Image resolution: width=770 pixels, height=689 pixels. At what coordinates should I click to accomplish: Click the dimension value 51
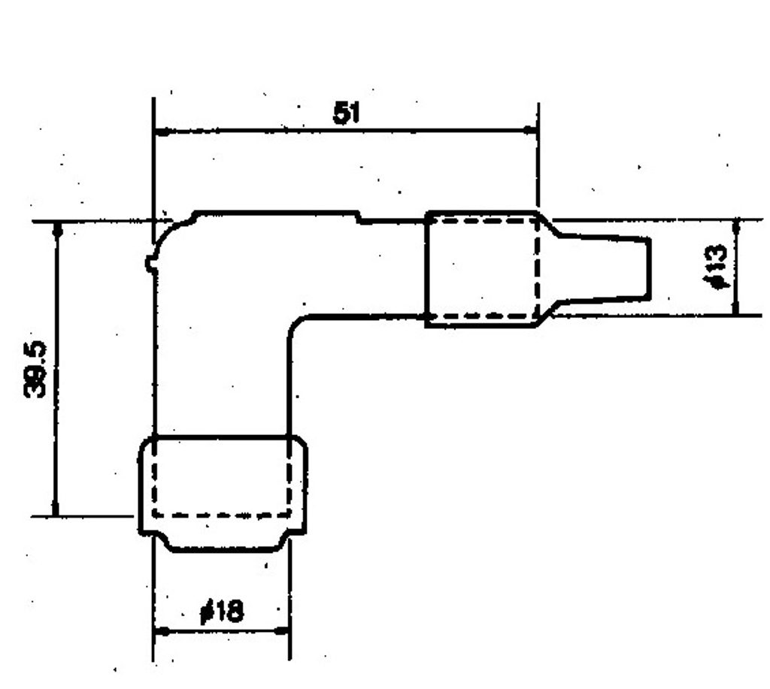pyautogui.click(x=346, y=113)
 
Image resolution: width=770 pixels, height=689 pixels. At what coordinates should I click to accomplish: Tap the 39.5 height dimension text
pyautogui.click(x=35, y=370)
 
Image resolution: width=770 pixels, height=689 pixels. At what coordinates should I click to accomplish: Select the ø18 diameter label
pyautogui.click(x=222, y=611)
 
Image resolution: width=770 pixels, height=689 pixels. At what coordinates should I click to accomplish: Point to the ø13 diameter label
pyautogui.click(x=715, y=267)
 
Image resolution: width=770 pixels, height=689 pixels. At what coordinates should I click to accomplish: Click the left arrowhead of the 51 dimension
pyautogui.click(x=163, y=131)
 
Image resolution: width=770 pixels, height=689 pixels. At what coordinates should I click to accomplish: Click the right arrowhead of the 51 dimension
pyautogui.click(x=529, y=130)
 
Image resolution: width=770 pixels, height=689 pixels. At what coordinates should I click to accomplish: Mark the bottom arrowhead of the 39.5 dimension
pyautogui.click(x=55, y=508)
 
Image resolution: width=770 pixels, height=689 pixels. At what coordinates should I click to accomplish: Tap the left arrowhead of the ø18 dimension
pyautogui.click(x=162, y=632)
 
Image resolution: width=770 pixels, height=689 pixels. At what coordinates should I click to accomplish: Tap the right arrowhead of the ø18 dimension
pyautogui.click(x=281, y=630)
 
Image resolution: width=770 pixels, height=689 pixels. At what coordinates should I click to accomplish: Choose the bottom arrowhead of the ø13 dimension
pyautogui.click(x=735, y=307)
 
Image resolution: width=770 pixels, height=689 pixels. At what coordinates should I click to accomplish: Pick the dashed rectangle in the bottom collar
pyautogui.click(x=153, y=476)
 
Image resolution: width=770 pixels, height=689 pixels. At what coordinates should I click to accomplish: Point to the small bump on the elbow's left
pyautogui.click(x=150, y=263)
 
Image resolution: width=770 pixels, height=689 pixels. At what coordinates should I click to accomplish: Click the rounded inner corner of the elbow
pyautogui.click(x=294, y=323)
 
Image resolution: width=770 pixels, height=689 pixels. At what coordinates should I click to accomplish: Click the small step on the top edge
pyautogui.click(x=360, y=217)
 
